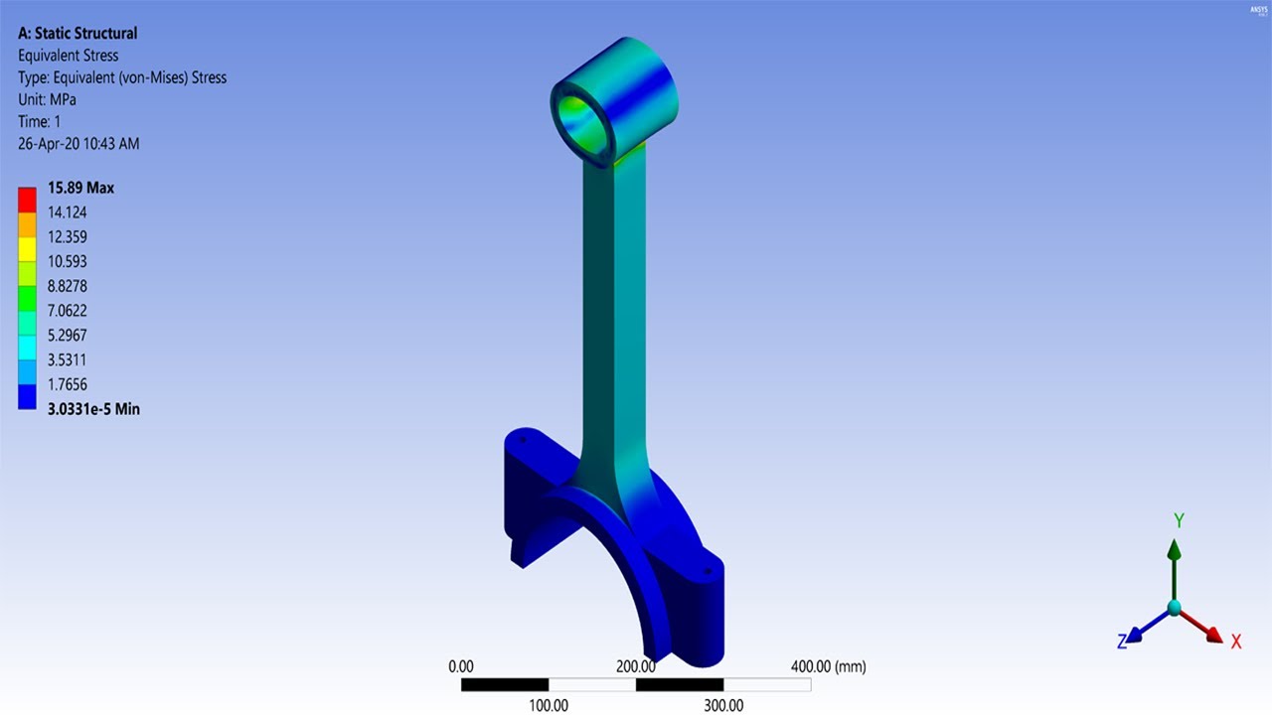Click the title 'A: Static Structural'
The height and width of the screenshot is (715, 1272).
78,34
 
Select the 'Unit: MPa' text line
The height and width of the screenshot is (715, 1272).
47,99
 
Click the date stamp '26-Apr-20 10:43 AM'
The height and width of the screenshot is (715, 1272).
79,143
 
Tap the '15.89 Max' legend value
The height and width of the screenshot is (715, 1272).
80,188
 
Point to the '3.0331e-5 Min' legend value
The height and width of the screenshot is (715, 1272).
93,408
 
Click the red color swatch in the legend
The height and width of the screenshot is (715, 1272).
27,200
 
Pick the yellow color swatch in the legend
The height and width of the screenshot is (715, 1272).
27,249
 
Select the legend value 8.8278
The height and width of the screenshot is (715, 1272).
68,286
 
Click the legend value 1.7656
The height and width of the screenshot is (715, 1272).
68,384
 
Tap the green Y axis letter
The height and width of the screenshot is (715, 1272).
1179,520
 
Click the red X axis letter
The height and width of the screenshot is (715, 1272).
1236,642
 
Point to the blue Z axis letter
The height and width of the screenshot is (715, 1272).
1122,643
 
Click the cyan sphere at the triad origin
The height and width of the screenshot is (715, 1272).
1175,607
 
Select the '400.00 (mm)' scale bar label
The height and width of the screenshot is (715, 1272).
828,666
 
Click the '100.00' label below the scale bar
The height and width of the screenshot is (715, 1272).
548,705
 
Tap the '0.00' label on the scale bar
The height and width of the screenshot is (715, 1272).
461,666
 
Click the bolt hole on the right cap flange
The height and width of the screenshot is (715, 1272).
707,571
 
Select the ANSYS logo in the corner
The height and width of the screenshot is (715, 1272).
1257,11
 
